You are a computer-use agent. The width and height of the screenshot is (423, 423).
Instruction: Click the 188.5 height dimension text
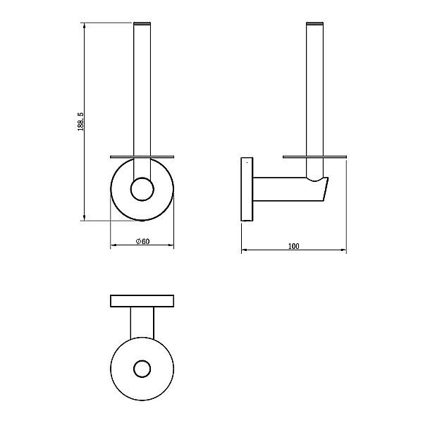pyautogui.click(x=80, y=122)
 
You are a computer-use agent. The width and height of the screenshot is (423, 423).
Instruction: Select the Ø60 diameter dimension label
pyautogui.click(x=142, y=241)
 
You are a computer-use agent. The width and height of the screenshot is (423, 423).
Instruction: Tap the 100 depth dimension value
pyautogui.click(x=294, y=246)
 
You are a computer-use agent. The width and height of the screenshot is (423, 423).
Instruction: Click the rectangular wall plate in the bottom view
pyautogui.click(x=142, y=301)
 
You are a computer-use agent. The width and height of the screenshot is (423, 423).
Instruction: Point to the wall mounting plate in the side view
pyautogui.click(x=247, y=189)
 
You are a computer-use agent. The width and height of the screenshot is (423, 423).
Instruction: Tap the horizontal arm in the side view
pyautogui.click(x=290, y=190)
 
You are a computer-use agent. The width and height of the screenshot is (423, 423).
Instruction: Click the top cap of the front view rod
pyautogui.click(x=142, y=23)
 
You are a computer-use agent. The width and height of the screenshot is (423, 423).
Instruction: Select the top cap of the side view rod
pyautogui.click(x=315, y=23)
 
